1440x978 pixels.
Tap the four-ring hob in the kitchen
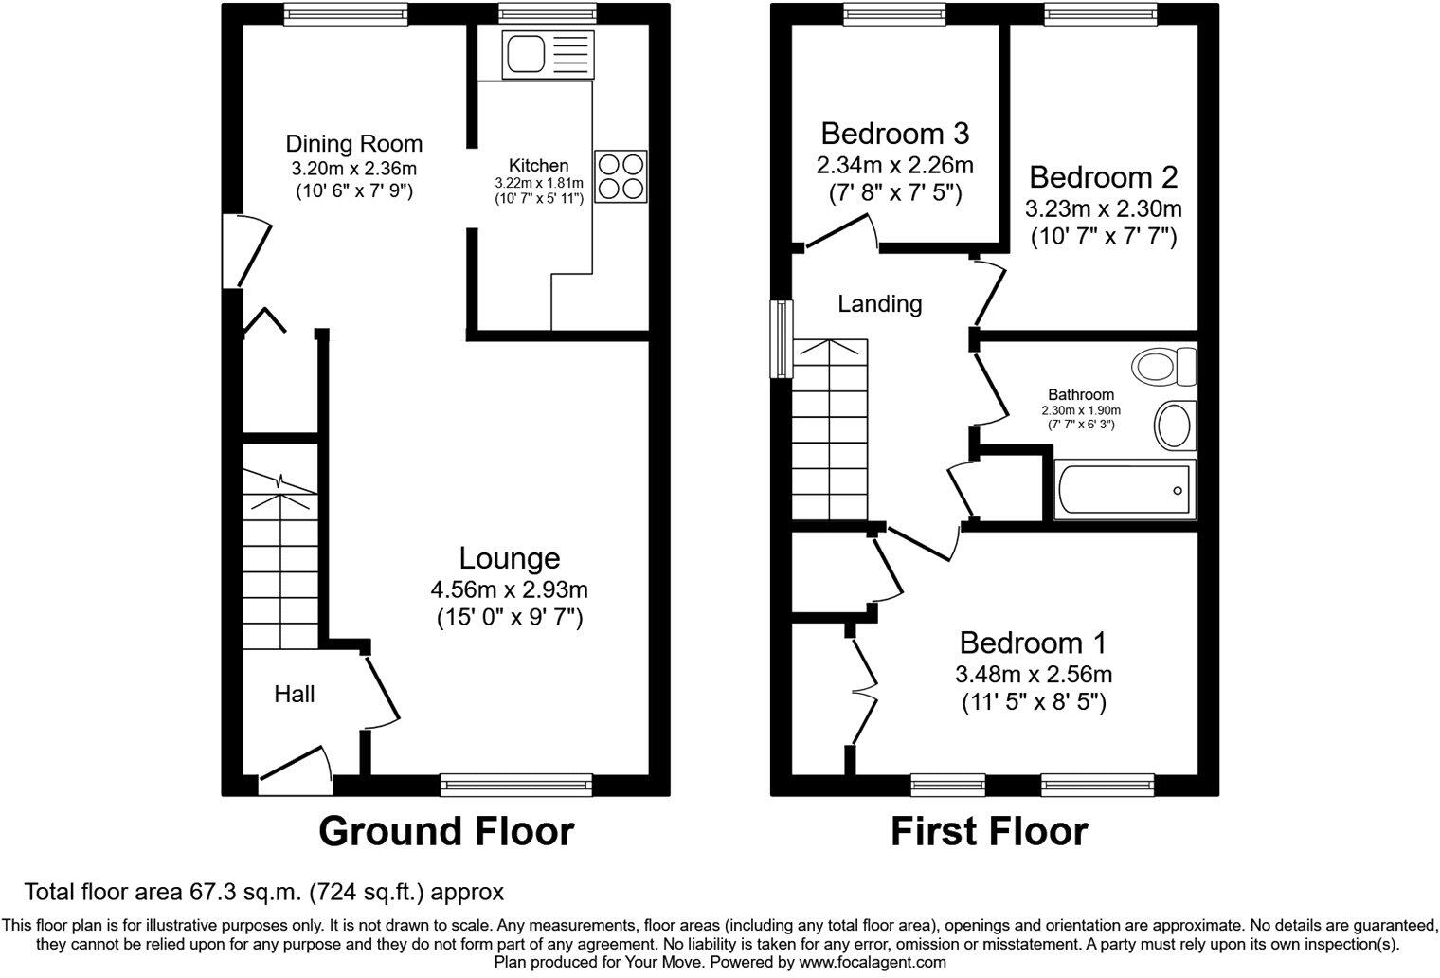pos(621,176)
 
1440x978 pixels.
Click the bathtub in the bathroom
pos(1125,491)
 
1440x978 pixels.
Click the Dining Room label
pos(353,144)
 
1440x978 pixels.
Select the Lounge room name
pos(510,558)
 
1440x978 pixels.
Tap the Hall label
pos(294,695)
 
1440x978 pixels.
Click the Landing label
pos(879,304)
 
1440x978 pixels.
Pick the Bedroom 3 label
pos(894,133)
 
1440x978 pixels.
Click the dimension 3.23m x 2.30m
pos(1104,208)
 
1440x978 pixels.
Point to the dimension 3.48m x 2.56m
pos(1033,675)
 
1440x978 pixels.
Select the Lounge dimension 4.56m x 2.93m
pos(510,589)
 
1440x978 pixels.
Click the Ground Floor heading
pos(446,831)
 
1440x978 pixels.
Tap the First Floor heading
pos(989,831)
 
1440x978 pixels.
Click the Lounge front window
pos(516,783)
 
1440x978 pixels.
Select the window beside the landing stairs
pos(782,339)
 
